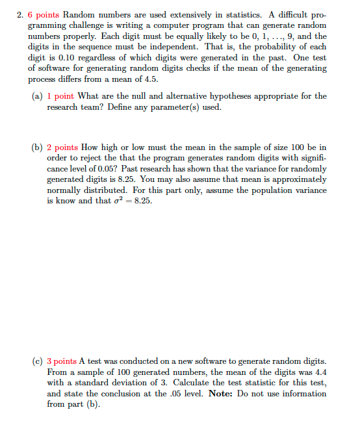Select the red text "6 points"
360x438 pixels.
44,14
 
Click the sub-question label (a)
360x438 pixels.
38,96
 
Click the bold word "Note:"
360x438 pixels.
222,394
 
